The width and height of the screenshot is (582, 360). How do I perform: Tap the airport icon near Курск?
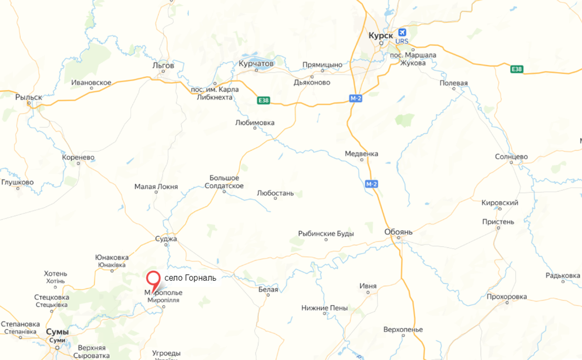pyautogui.click(x=402, y=33)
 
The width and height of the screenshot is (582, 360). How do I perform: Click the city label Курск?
pyautogui.click(x=381, y=35)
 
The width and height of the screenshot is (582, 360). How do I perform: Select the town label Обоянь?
pyautogui.click(x=398, y=232)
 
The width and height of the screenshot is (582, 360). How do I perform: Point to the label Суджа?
pyautogui.click(x=166, y=239)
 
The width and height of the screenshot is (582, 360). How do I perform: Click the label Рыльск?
pyautogui.click(x=29, y=97)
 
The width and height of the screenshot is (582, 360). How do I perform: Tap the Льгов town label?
pyautogui.click(x=163, y=66)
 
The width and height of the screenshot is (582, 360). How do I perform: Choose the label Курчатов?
pyautogui.click(x=256, y=63)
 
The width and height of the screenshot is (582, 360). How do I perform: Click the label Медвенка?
pyautogui.click(x=361, y=153)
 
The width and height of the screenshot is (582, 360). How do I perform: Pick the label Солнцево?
pyautogui.click(x=511, y=157)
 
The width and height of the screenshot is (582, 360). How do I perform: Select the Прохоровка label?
pyautogui.click(x=507, y=296)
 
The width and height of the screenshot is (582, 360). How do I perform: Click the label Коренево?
pyautogui.click(x=78, y=158)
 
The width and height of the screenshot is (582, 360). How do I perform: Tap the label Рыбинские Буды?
pyautogui.click(x=326, y=234)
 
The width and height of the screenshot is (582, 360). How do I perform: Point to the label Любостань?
pyautogui.click(x=275, y=193)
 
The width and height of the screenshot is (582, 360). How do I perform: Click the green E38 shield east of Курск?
pyautogui.click(x=516, y=69)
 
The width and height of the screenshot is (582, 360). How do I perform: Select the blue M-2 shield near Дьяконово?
pyautogui.click(x=356, y=98)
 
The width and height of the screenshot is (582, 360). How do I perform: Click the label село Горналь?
pyautogui.click(x=190, y=278)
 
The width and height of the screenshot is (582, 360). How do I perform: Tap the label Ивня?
pyautogui.click(x=368, y=286)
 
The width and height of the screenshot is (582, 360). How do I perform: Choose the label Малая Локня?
pyautogui.click(x=156, y=187)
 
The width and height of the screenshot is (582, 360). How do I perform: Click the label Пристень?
pyautogui.click(x=499, y=222)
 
